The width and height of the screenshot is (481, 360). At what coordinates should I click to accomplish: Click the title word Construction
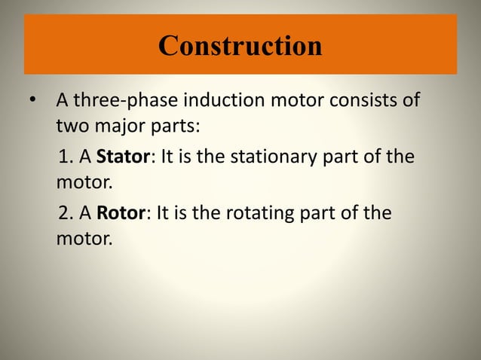[x=240, y=46]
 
